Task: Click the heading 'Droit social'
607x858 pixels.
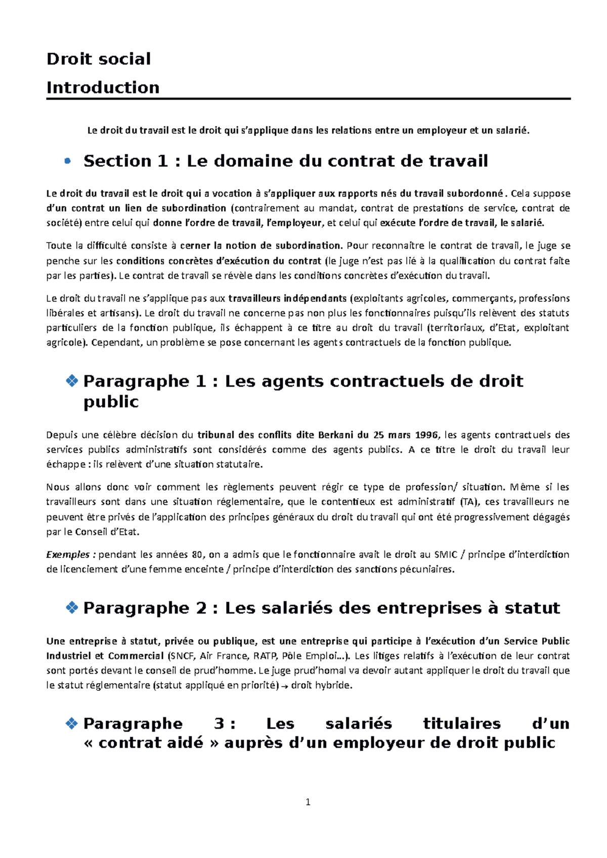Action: (99, 59)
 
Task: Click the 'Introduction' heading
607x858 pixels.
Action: (103, 87)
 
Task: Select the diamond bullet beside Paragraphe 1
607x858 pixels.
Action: (72, 380)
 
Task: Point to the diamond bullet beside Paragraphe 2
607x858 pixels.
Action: (72, 607)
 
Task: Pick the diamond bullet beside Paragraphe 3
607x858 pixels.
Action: (72, 724)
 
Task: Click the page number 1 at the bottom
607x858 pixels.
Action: (308, 802)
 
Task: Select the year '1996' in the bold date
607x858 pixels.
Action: (426, 435)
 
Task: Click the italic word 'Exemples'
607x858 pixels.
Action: (68, 554)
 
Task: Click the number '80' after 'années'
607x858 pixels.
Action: (197, 554)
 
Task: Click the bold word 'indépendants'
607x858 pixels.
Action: (315, 298)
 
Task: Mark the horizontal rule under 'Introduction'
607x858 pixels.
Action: (308, 99)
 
